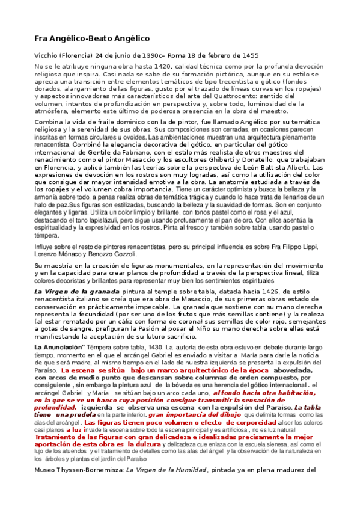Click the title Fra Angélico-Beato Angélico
pyautogui.click(x=91, y=38)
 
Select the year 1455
pyautogui.click(x=249, y=55)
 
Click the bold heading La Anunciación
pyautogui.click(x=66, y=347)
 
